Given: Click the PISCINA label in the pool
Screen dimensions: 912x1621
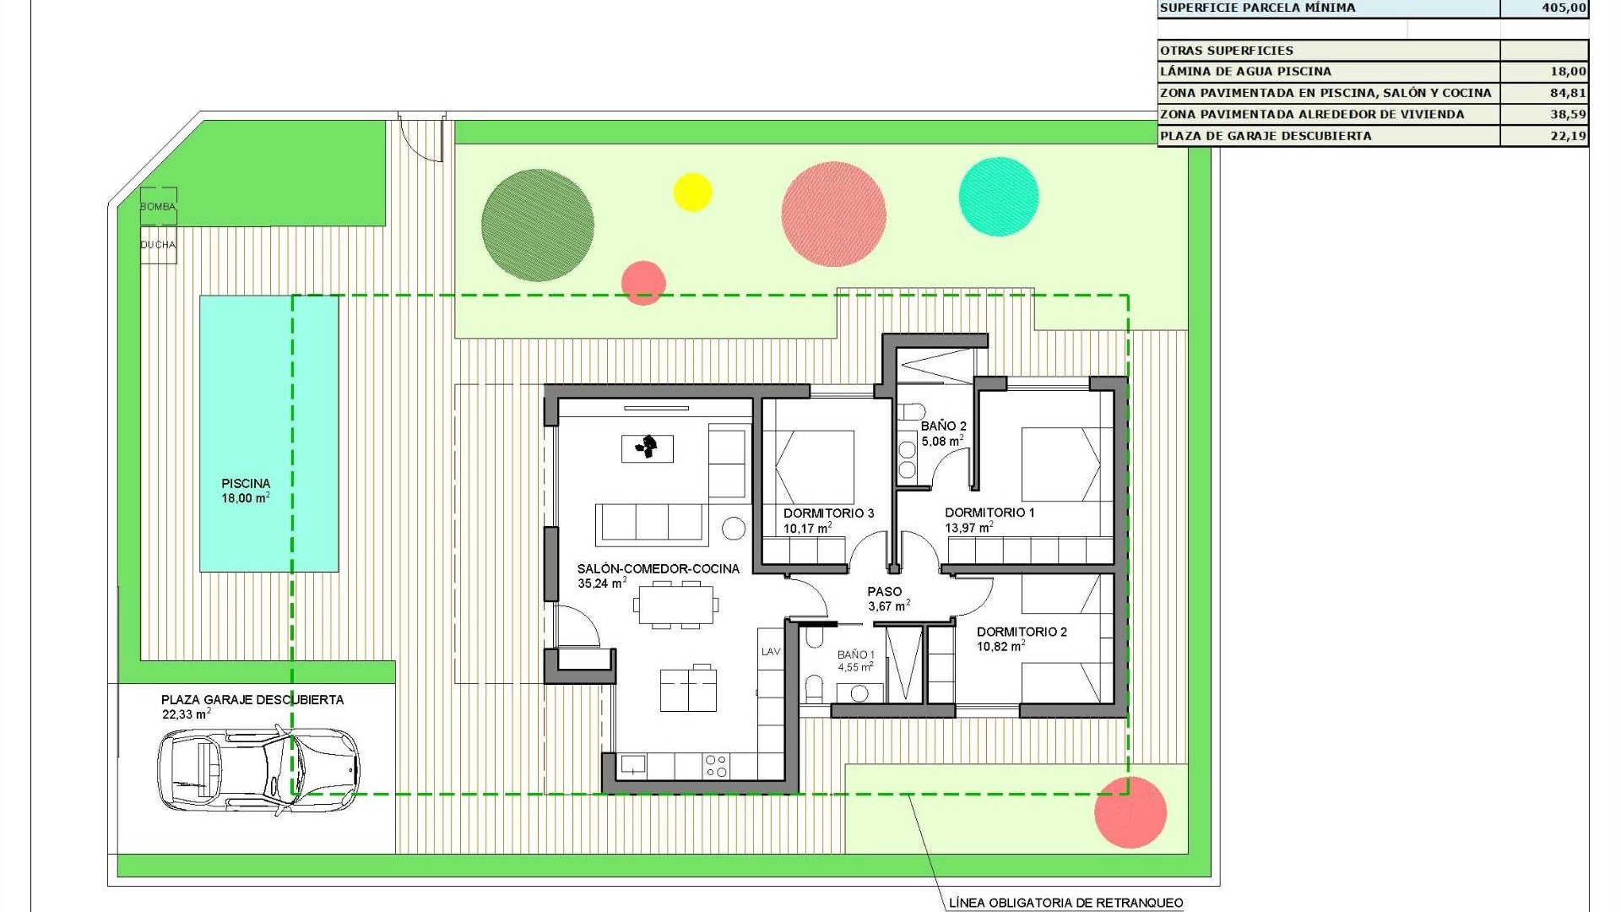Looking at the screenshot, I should click(246, 484).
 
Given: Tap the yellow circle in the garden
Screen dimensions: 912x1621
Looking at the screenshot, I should click(692, 192).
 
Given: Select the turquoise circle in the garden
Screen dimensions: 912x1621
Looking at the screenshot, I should click(999, 197).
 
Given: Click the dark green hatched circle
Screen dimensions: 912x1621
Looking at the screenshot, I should click(537, 225).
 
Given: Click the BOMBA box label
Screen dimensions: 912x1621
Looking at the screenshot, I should click(158, 207).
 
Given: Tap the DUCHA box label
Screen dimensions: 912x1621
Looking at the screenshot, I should click(158, 245).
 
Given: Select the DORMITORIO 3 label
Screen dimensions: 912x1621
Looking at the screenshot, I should click(828, 513).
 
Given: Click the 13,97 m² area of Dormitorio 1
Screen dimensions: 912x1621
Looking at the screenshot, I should click(968, 529).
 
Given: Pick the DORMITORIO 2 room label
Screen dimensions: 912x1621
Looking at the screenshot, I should click(1022, 632).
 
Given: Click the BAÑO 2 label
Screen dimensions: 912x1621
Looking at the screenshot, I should click(943, 426).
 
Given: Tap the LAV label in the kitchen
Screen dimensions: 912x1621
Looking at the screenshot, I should click(771, 652).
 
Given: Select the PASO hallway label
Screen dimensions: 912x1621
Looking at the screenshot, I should click(884, 592).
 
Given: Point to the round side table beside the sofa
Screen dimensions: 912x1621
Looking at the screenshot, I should click(734, 529).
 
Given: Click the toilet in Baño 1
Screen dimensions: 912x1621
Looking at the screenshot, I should click(814, 687).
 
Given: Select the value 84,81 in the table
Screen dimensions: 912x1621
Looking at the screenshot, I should click(1567, 93).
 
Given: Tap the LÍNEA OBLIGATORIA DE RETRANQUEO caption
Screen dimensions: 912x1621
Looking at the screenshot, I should click(1065, 903).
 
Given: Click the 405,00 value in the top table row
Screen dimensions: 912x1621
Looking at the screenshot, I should click(1564, 8).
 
